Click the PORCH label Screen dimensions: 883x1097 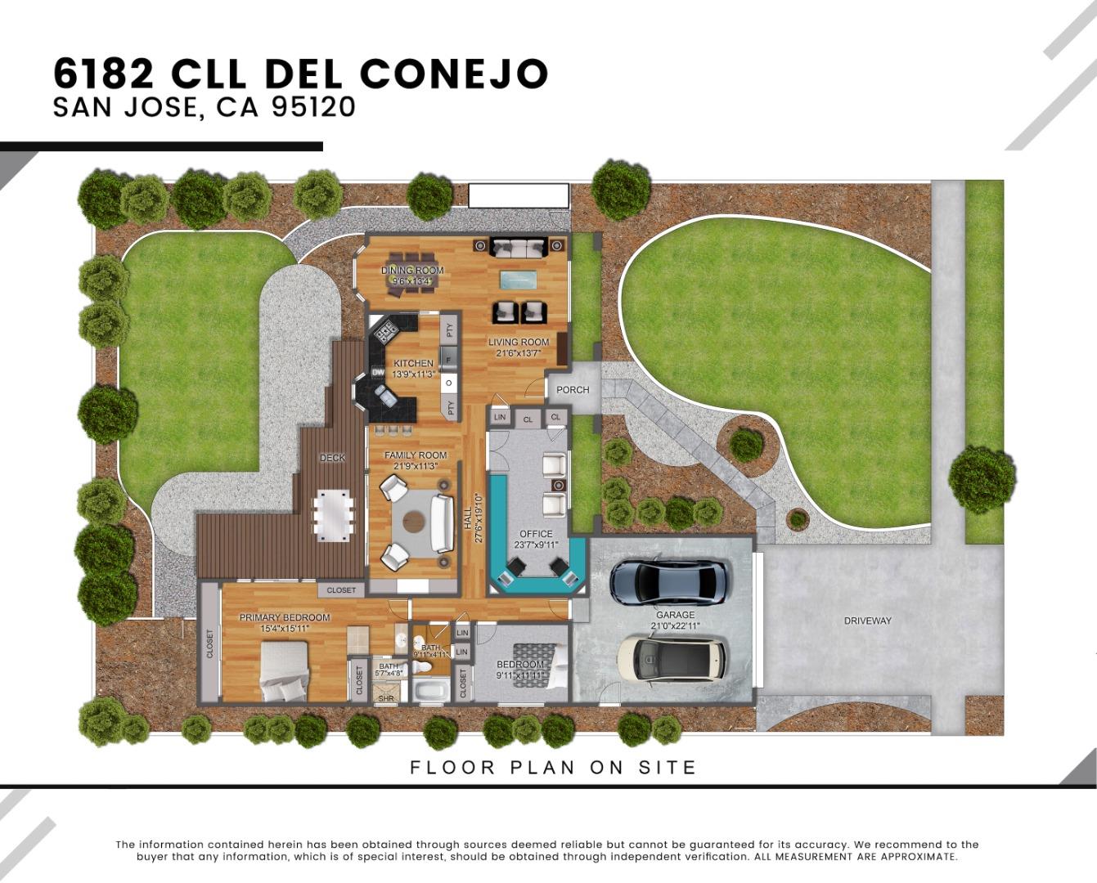coord(573,390)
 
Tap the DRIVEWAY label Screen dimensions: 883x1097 coord(867,621)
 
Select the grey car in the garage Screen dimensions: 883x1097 coord(669,580)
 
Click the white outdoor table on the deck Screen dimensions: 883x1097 coord(335,513)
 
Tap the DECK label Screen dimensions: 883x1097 coord(332,458)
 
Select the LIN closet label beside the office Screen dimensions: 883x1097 coord(500,418)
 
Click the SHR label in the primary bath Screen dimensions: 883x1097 coord(385,698)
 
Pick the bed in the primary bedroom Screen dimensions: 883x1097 coord(284,671)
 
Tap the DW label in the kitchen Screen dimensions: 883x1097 coord(378,373)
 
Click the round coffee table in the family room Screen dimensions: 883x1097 coord(416,521)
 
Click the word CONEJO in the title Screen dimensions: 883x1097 coord(453,74)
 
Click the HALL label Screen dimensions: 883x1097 coord(468,523)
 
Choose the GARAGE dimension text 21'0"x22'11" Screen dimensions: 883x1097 coord(675,626)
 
